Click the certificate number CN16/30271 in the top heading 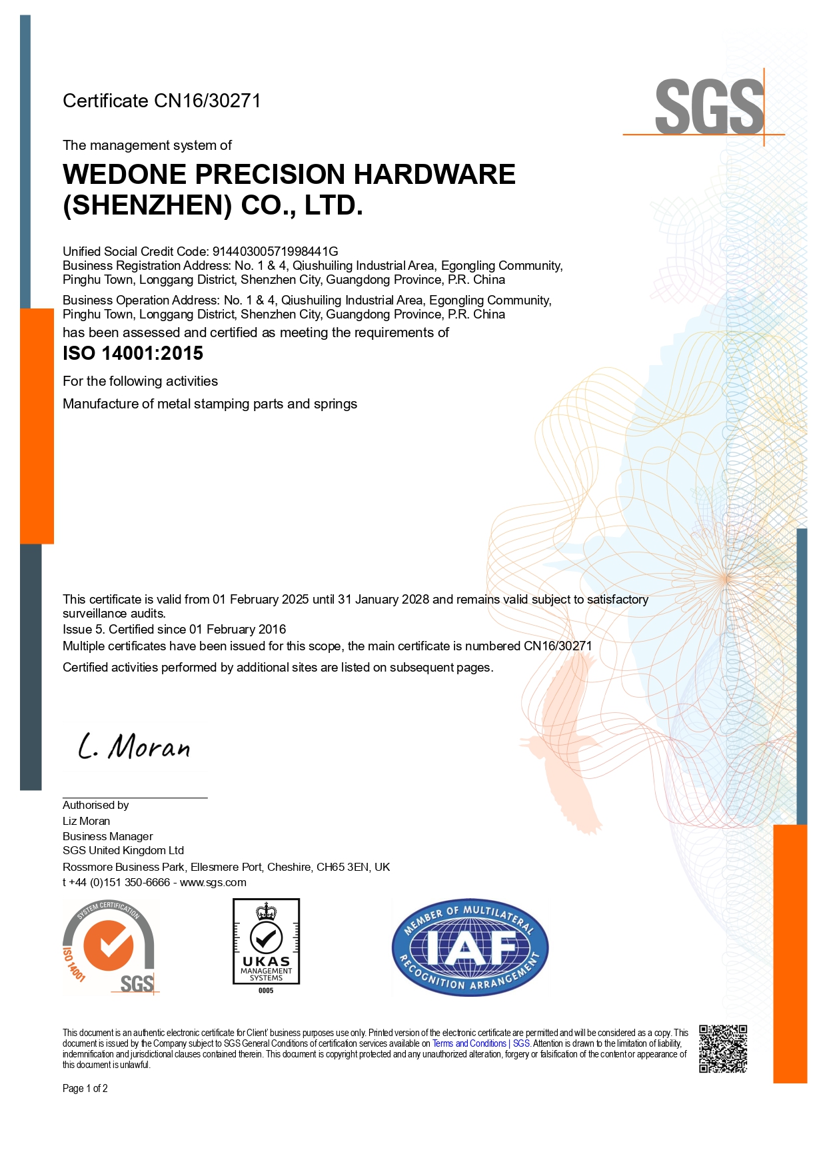point(207,101)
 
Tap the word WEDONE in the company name point(125,175)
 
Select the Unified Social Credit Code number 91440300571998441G point(275,251)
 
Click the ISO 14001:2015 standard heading point(133,353)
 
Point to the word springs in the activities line point(335,404)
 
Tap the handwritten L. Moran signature point(134,747)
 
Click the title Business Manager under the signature point(107,836)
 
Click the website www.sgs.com point(213,882)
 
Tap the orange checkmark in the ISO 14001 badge point(107,945)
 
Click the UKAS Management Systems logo point(266,941)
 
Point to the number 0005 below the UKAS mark point(266,991)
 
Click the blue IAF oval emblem point(470,947)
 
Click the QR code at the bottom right point(722,1049)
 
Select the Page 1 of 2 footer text point(85,1088)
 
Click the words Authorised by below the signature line point(95,805)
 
